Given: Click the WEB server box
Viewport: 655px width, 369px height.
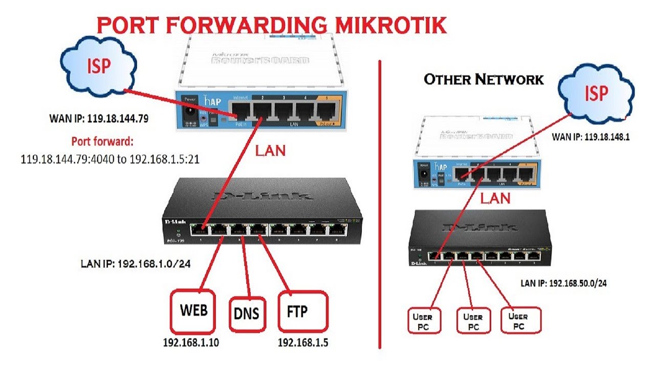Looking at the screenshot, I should point(194,312).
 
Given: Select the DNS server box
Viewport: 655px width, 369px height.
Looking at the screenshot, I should point(248,313).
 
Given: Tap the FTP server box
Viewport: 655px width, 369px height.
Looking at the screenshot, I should point(302,311).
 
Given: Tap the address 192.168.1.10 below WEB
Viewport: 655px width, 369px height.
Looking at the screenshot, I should point(190,343).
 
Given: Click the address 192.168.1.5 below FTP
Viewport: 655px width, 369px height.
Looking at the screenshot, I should point(302,343).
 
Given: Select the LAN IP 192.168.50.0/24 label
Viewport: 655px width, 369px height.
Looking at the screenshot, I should point(563,282).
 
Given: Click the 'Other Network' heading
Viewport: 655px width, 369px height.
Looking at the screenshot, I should point(484,79).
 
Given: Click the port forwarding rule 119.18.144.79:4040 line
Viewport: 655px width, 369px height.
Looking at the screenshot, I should point(110,159).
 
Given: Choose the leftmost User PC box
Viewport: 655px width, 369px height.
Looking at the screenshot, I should point(423,321).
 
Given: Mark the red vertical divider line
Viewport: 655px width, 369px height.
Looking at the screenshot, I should point(380,205).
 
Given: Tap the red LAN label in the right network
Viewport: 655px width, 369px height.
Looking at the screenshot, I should point(494,198).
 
